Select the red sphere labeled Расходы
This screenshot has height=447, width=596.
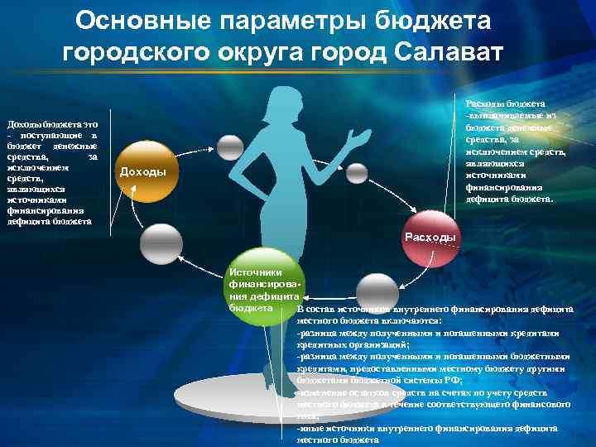[x=429, y=237]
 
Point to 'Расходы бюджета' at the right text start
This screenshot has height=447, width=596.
[x=505, y=103]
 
